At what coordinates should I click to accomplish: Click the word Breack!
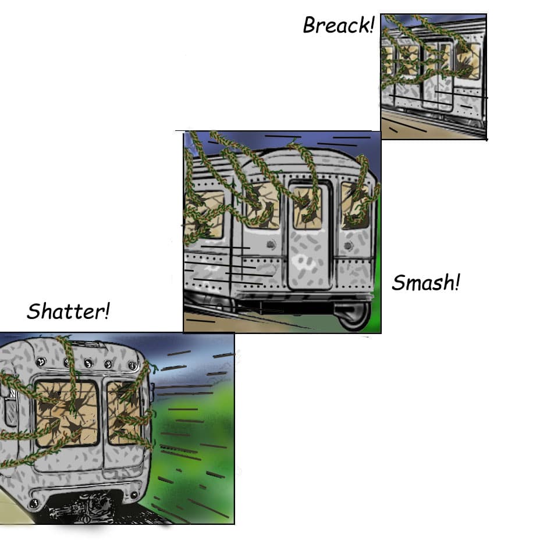coord(339,25)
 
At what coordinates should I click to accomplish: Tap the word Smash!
coord(426,282)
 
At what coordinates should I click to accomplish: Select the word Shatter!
coord(69,311)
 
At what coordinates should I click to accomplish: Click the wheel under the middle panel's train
coord(353,316)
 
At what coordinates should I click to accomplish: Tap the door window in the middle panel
coord(307,208)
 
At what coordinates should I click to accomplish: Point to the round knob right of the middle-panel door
coord(348,246)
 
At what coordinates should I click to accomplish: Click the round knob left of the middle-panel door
coord(271,244)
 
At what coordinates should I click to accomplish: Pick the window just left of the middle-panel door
coord(262,207)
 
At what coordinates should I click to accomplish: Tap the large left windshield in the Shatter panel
coord(67,414)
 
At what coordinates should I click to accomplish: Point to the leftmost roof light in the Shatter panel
coord(41,361)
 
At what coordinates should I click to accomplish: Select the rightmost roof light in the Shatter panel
coord(132,365)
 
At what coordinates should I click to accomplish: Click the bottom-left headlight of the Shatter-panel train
coord(34,503)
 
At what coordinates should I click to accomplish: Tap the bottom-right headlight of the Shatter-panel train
coord(134,495)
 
